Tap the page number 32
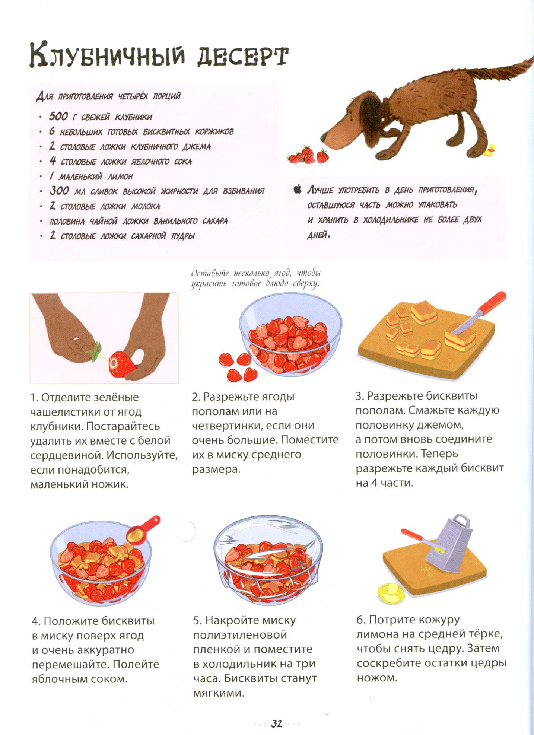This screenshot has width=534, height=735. [x=276, y=723]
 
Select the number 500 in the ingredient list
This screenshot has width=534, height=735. [x=58, y=116]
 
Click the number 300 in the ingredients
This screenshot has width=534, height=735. [x=59, y=191]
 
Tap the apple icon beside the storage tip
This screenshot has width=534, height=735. [x=297, y=189]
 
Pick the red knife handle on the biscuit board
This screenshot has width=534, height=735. [x=492, y=302]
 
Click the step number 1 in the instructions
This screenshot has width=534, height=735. [x=34, y=398]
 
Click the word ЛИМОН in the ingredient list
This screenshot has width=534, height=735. [x=120, y=176]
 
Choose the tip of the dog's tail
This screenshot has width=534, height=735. [x=532, y=59]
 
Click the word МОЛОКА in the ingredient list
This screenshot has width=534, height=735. [x=146, y=206]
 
